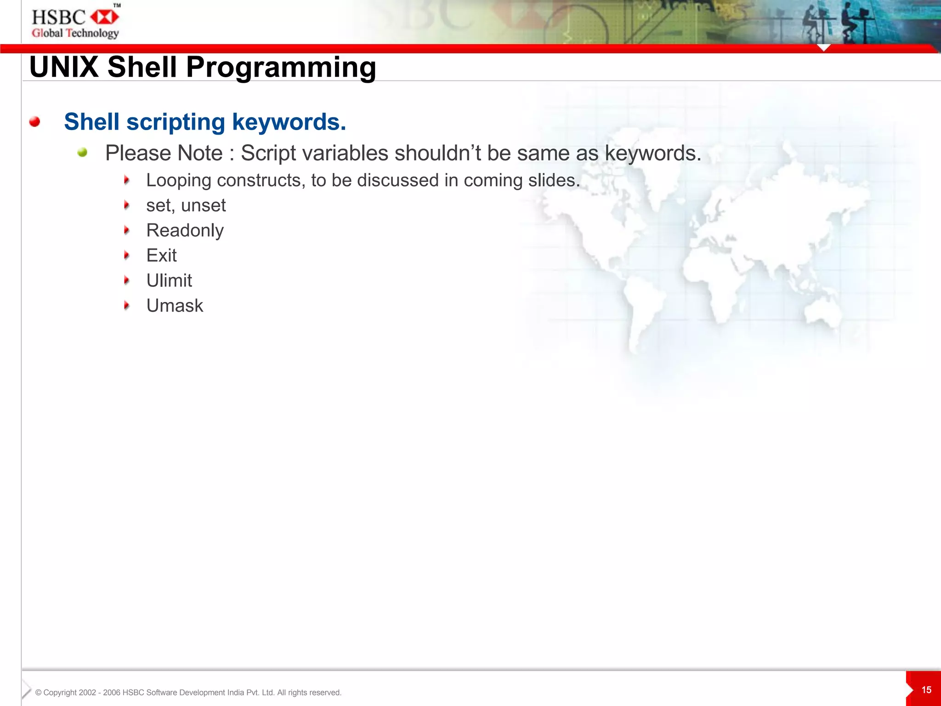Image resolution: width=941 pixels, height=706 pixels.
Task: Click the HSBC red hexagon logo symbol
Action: pos(105,17)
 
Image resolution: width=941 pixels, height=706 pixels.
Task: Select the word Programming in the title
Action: pos(281,68)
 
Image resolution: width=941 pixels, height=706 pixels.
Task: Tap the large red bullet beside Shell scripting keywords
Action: pos(34,122)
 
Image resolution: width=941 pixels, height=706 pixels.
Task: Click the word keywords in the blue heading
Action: pos(289,122)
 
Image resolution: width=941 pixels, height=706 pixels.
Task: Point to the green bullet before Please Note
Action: pos(82,153)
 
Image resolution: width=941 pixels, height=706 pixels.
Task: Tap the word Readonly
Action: pos(185,230)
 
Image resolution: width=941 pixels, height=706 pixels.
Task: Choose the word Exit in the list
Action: pos(161,256)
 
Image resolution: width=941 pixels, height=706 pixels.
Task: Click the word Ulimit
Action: pos(169,280)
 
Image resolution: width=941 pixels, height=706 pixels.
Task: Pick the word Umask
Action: pos(175,306)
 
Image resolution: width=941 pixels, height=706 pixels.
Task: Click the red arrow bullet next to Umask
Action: pos(127,305)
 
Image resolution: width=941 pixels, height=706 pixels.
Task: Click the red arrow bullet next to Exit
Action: pos(127,255)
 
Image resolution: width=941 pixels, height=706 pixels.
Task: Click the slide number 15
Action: pos(926,690)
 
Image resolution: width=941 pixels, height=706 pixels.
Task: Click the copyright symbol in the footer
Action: pos(39,693)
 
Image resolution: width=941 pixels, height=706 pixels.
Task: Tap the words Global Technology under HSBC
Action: pos(75,33)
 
